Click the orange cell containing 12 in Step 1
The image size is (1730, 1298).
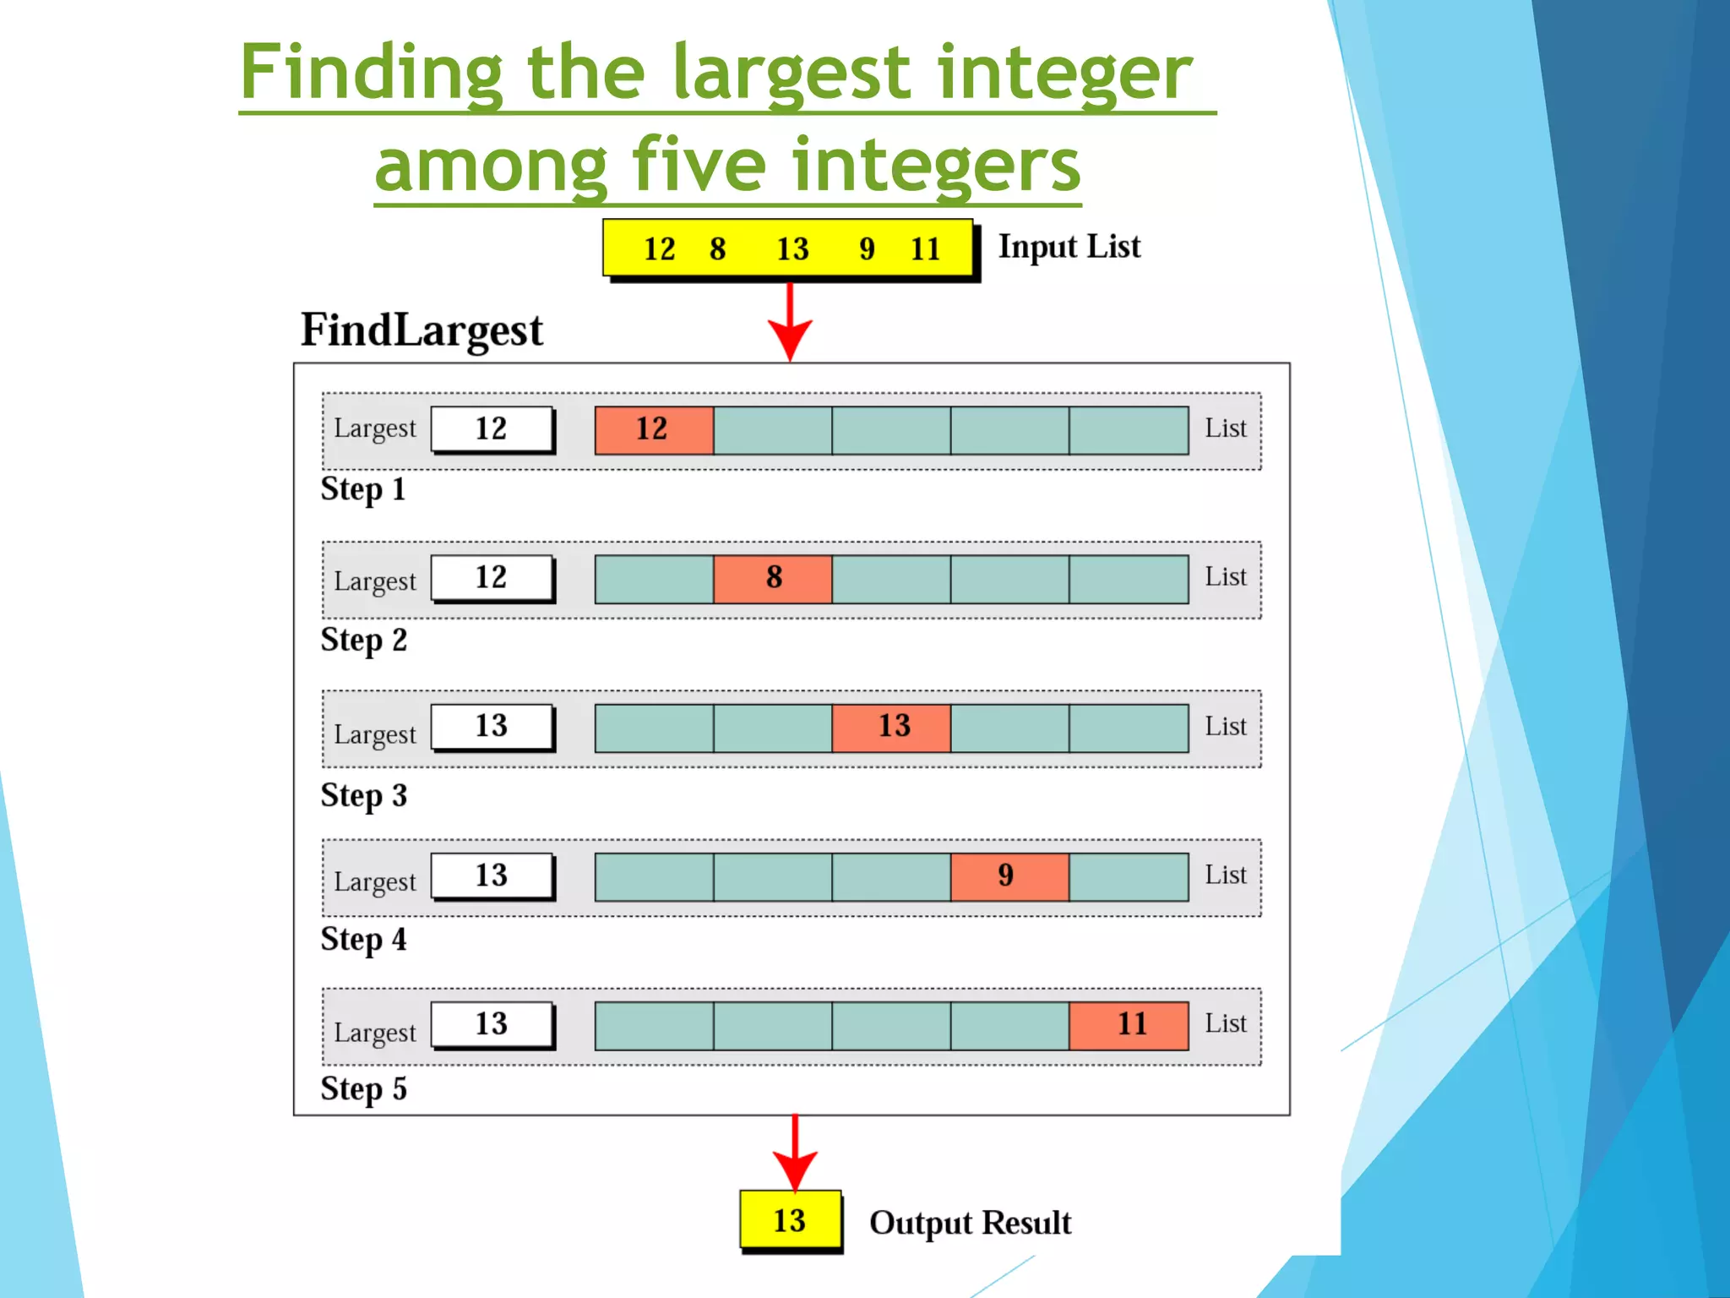coord(654,430)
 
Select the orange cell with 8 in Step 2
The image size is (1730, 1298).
coord(773,579)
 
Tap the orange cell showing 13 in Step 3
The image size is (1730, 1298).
coord(892,728)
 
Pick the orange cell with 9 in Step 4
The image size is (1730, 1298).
coord(1009,876)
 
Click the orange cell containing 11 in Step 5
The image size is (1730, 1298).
coord(1129,1025)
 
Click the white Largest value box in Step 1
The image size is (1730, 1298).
coord(492,429)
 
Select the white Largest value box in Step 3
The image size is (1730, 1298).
coord(492,727)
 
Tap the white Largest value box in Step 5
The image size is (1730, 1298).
coord(492,1024)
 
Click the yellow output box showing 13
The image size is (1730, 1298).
coord(790,1219)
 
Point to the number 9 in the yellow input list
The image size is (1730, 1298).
coord(867,249)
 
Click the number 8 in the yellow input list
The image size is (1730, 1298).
coord(718,249)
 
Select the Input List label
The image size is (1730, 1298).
coord(1069,247)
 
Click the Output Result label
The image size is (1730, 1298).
coord(970,1223)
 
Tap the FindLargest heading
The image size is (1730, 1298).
coord(422,330)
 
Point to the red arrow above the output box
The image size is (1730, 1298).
coord(795,1154)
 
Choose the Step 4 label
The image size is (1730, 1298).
coord(363,940)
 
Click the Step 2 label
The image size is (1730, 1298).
coord(363,641)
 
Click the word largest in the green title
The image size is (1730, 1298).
coord(792,74)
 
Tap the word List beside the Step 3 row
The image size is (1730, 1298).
coord(1225,726)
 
